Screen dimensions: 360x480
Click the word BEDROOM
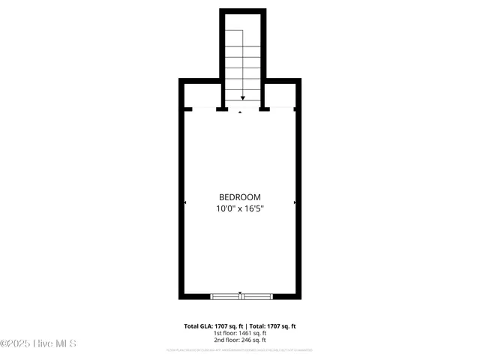[x=240, y=196]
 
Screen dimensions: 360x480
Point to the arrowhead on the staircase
[x=243, y=97]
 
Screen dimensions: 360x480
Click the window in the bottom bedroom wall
[x=240, y=296]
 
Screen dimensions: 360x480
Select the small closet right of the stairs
[x=280, y=94]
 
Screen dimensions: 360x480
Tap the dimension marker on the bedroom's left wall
[x=185, y=202]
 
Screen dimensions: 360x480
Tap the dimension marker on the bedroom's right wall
[x=295, y=202]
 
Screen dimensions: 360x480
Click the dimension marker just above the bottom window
[x=240, y=292]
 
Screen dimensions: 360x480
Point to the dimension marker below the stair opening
[x=240, y=112]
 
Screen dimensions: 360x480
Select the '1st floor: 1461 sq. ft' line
[x=240, y=333]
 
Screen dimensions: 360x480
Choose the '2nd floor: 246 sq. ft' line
[x=240, y=340]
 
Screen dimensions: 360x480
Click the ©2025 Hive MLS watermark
[x=38, y=344]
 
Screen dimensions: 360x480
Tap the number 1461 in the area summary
[x=245, y=333]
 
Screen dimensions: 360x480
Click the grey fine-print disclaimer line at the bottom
[x=240, y=350]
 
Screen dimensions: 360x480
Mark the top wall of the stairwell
[x=243, y=11]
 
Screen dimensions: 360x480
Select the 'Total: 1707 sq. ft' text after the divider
[x=272, y=326]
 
